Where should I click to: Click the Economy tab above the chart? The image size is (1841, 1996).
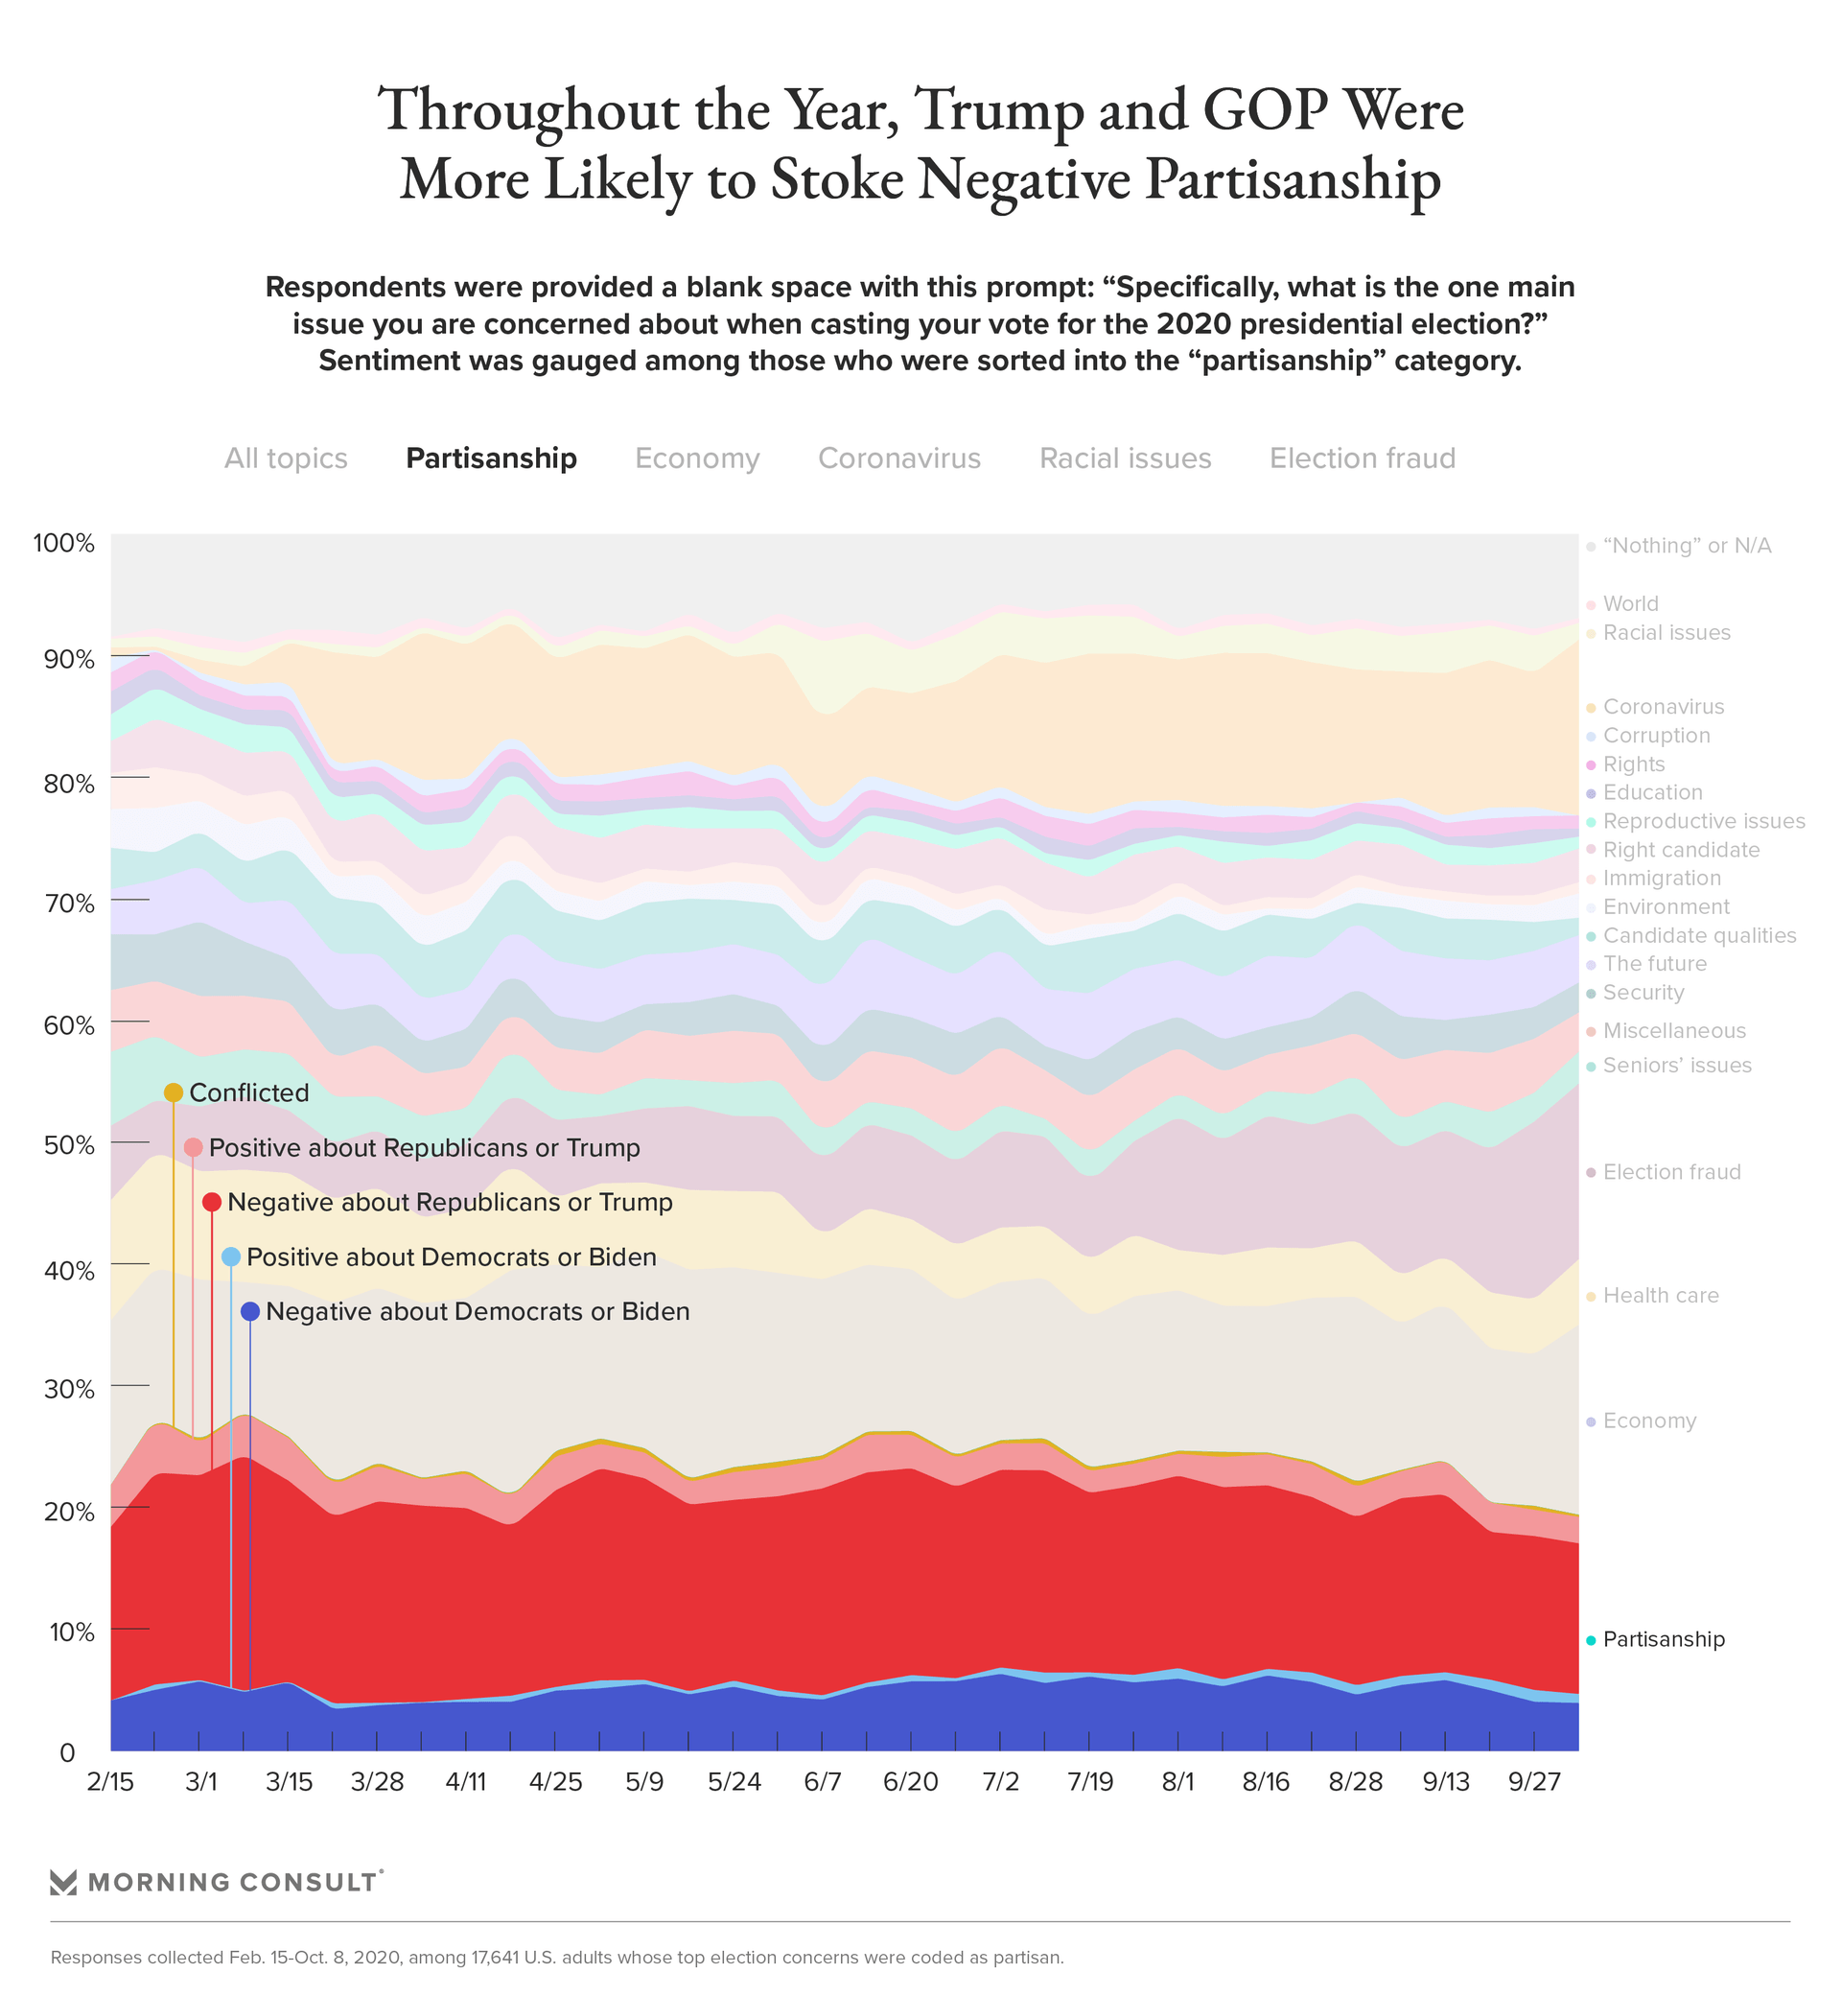pyautogui.click(x=696, y=458)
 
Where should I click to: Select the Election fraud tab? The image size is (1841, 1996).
pyautogui.click(x=1362, y=458)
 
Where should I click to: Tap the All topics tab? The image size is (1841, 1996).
pyautogui.click(x=286, y=458)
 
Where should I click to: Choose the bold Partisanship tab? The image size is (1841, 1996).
pyautogui.click(x=491, y=458)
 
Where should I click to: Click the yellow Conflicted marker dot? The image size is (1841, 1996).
pyautogui.click(x=174, y=1093)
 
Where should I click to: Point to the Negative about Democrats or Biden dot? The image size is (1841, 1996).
pyautogui.click(x=250, y=1311)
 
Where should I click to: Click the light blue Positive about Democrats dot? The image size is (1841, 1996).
pyautogui.click(x=231, y=1256)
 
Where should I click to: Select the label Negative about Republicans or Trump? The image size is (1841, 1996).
pyautogui.click(x=450, y=1203)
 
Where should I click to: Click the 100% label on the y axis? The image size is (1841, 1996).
pyautogui.click(x=63, y=544)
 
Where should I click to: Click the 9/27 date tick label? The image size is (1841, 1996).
pyautogui.click(x=1534, y=1782)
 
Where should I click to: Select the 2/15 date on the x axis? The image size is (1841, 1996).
pyautogui.click(x=109, y=1782)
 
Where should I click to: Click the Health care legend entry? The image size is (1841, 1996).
pyautogui.click(x=1660, y=1296)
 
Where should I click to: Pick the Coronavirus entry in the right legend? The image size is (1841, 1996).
pyautogui.click(x=1663, y=707)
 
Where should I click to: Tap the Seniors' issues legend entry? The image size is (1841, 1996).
pyautogui.click(x=1677, y=1066)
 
